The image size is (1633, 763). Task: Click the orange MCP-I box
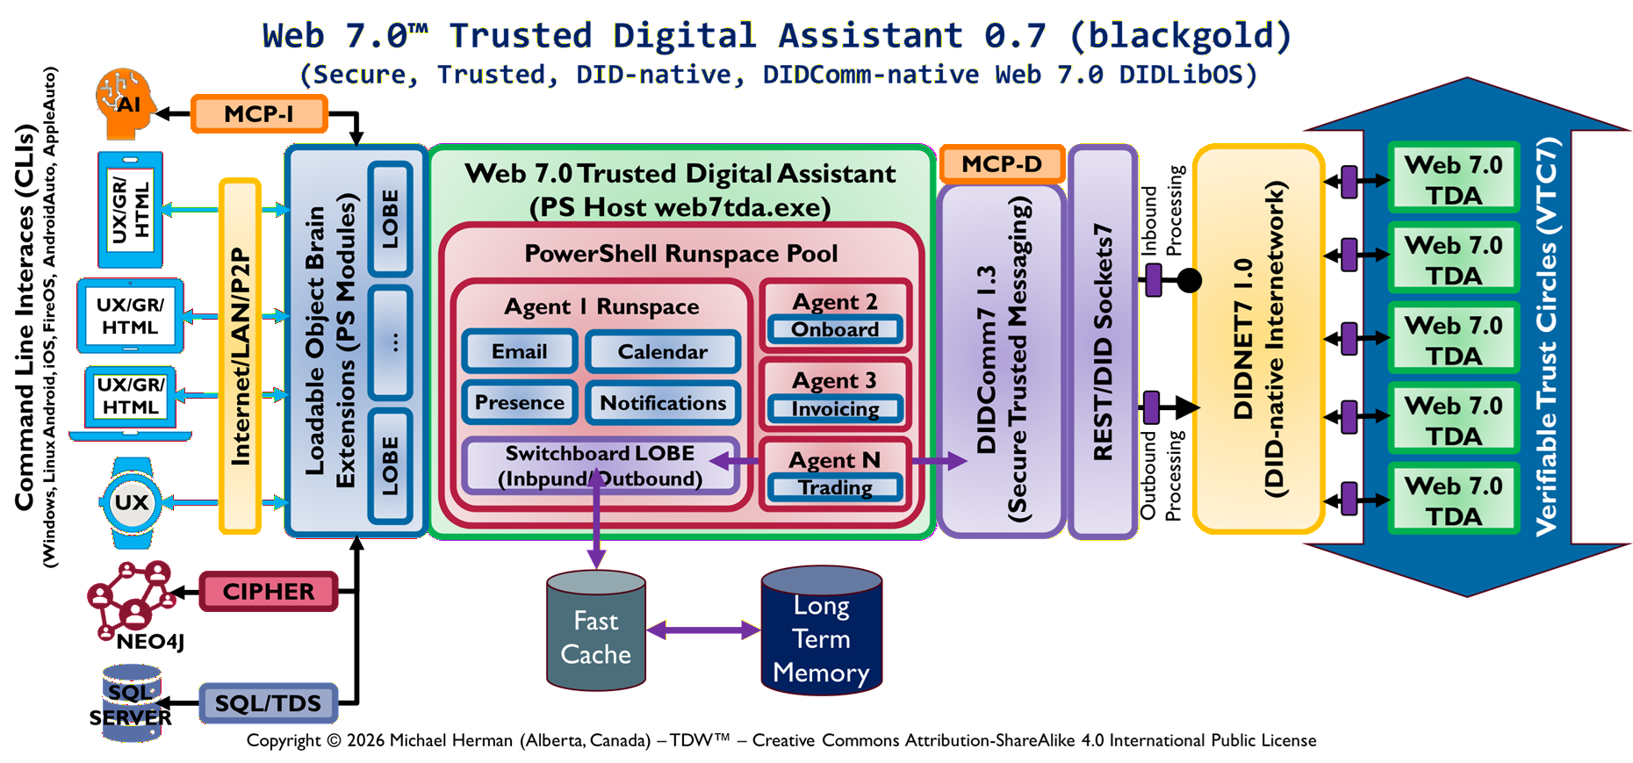pos(259,114)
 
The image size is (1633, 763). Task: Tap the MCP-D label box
pos(1001,164)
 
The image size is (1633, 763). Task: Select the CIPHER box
pos(268,591)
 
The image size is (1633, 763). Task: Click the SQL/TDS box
pos(268,703)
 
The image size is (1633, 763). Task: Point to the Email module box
pos(519,352)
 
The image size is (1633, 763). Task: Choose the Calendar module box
pos(662,352)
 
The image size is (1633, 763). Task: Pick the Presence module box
pos(519,403)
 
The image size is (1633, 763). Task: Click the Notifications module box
pos(662,403)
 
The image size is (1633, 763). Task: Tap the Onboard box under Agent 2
pos(834,330)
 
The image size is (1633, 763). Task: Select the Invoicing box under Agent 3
pos(834,409)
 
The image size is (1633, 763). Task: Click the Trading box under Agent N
pos(834,488)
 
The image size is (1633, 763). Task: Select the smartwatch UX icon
pos(132,503)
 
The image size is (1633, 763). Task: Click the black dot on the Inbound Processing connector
pos(1189,281)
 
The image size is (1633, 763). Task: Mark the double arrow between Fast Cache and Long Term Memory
pos(703,630)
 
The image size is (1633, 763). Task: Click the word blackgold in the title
pos(1180,36)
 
